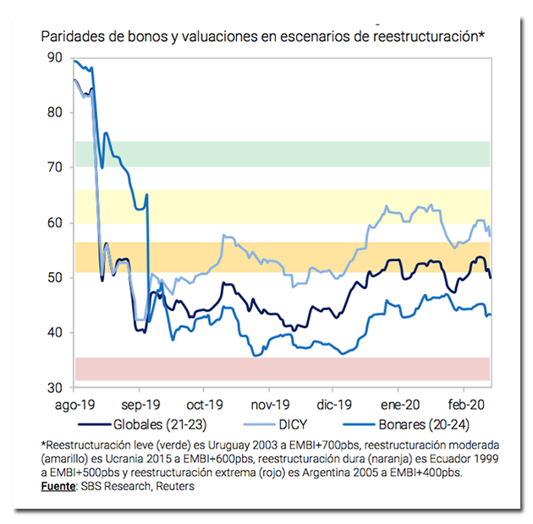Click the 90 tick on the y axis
tap(55, 57)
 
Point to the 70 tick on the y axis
tap(55, 167)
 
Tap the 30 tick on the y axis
tap(55, 387)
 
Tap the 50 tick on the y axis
tap(55, 277)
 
